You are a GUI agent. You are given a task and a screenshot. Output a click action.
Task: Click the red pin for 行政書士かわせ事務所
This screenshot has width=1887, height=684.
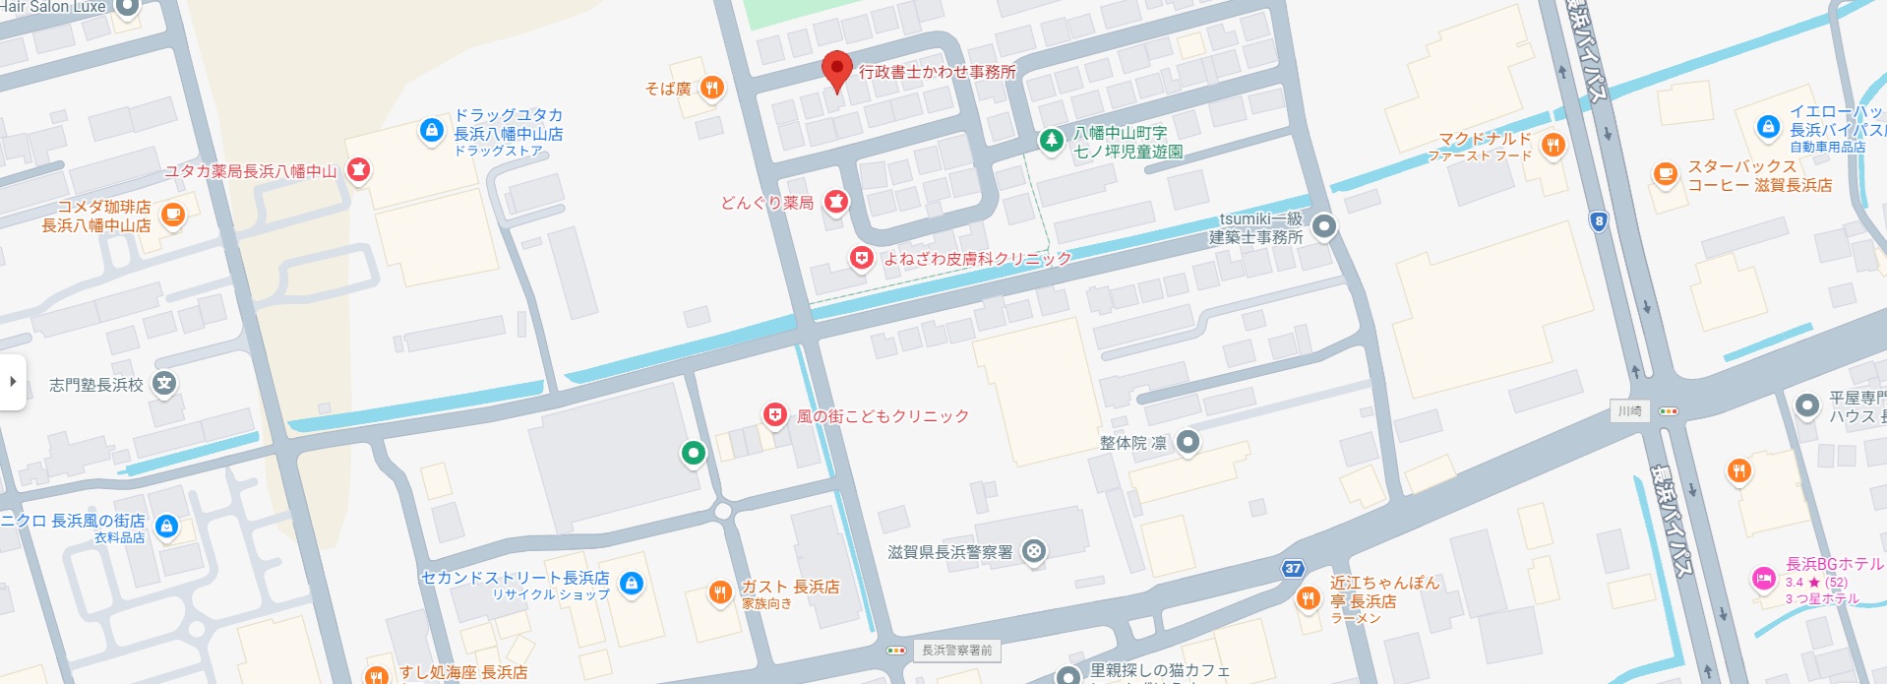pos(836,70)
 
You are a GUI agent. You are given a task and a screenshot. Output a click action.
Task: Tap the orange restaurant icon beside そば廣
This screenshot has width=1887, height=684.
pos(712,89)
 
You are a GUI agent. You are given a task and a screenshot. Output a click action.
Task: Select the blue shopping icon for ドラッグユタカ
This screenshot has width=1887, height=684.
pos(431,130)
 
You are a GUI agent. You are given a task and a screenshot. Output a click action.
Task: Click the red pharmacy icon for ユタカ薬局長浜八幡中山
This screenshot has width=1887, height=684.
pos(358,170)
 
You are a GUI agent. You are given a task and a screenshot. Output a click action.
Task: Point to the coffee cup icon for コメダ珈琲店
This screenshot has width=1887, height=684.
pos(172,215)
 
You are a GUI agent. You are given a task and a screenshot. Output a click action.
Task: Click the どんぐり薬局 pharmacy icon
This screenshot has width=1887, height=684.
pos(835,202)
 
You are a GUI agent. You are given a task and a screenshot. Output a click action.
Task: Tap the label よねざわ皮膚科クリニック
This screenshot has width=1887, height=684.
pos(976,259)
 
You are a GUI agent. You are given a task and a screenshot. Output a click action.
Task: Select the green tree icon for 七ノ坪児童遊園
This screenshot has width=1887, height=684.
pos(1051,141)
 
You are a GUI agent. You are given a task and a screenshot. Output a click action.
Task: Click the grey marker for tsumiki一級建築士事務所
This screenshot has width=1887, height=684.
pos(1323,226)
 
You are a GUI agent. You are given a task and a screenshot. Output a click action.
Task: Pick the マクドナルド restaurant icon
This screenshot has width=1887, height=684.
pos(1552,146)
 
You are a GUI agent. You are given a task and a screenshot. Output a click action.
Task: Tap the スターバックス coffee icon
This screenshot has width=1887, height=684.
pos(1665,174)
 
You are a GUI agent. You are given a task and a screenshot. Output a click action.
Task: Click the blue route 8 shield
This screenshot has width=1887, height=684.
pos(1599,221)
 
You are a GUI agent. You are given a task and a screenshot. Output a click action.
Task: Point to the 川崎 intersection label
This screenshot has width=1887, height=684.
pos(1630,410)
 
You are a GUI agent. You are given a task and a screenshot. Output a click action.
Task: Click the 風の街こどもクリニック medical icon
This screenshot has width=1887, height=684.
pos(775,415)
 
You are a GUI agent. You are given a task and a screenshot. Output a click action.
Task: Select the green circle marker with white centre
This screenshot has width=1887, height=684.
pos(694,453)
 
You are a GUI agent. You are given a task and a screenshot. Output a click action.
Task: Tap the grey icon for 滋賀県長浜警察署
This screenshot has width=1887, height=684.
pos(1033,551)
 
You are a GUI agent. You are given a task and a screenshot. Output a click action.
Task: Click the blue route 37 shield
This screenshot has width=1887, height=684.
pos(1294,568)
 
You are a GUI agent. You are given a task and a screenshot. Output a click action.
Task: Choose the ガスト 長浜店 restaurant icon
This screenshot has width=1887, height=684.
pos(720,591)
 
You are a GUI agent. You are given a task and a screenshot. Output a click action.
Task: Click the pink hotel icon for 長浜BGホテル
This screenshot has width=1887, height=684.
pos(1763,579)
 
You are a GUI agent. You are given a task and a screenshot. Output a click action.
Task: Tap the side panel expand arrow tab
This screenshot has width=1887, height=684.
pos(13,381)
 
